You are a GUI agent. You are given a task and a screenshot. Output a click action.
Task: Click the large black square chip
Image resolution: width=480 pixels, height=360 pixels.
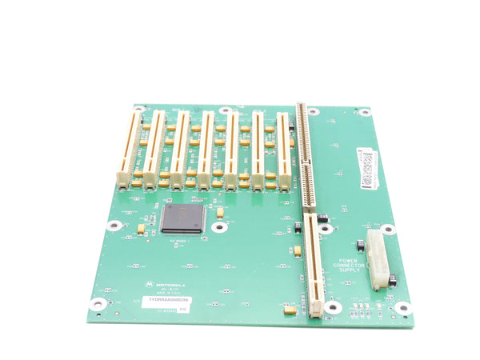(x=183, y=218)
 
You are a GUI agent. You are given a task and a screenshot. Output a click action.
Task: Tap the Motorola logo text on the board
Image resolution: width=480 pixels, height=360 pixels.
(x=169, y=283)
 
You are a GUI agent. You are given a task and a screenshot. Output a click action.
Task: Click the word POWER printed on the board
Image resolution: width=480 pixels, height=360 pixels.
(x=347, y=262)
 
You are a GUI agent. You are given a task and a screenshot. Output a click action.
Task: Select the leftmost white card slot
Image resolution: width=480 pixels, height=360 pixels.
(x=128, y=148)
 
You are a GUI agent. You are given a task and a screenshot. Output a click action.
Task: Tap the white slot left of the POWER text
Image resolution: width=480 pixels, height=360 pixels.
(x=314, y=264)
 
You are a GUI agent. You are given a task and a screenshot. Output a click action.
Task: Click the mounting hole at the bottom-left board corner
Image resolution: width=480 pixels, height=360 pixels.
(x=98, y=303)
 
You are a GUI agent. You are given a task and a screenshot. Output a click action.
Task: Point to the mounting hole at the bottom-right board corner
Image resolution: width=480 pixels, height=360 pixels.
(x=402, y=308)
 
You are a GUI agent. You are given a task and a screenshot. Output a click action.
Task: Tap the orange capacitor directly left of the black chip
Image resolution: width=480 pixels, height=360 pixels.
(x=142, y=228)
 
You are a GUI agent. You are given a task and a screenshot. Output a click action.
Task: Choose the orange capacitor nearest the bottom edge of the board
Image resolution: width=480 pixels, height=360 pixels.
(x=290, y=310)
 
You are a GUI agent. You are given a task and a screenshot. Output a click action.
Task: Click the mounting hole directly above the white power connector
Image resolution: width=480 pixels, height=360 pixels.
(x=387, y=229)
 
